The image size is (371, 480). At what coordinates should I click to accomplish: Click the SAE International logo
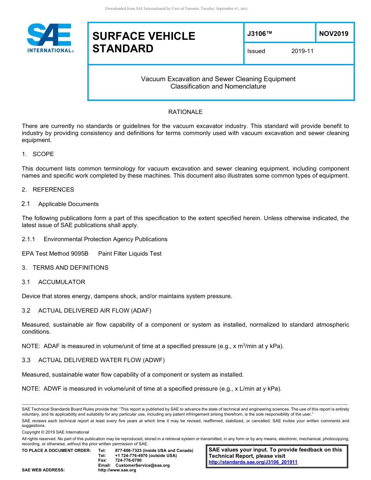point(50,38)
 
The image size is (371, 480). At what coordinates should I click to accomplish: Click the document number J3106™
point(259,34)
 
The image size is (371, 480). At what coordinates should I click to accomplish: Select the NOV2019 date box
point(334,34)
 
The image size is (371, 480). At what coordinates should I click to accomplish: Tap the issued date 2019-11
point(302,51)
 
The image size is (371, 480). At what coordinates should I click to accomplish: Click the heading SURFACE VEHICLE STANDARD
point(144,42)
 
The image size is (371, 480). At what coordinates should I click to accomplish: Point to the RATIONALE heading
point(185,112)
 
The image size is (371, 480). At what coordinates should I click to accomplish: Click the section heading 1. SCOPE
point(38,154)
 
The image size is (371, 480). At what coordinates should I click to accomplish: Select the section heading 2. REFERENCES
point(48,190)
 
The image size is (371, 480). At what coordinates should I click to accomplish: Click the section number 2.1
point(26,204)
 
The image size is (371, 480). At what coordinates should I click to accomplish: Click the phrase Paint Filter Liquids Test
point(130,254)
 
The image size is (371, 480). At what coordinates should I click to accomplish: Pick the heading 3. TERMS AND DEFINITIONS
point(65,268)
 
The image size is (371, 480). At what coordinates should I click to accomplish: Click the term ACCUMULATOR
point(61,282)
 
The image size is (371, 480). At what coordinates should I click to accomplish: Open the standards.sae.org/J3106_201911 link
point(253,462)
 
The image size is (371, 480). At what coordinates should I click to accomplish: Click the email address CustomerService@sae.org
point(143,465)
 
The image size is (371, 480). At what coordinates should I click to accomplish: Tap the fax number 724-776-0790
point(128,460)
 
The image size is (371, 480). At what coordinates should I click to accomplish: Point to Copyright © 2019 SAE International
point(55,432)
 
